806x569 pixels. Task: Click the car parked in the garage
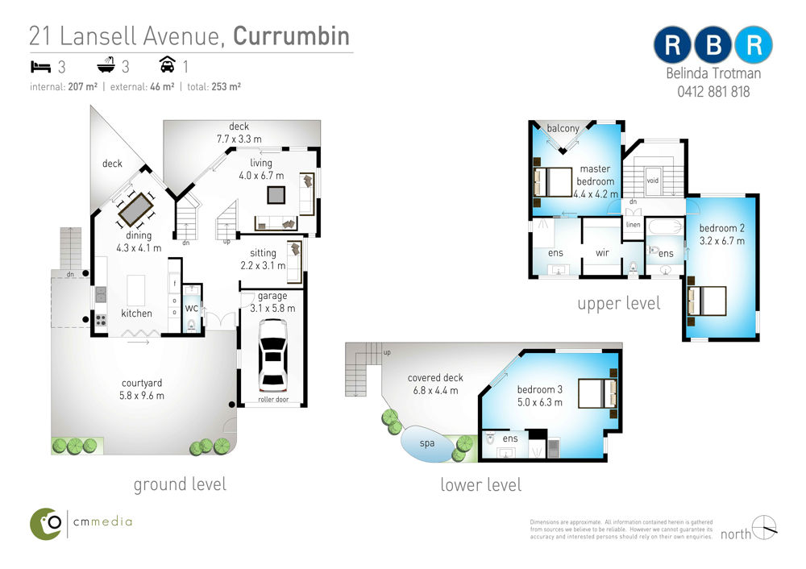click(x=273, y=355)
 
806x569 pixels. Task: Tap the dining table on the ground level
click(x=135, y=210)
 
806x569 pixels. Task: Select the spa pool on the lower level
click(x=426, y=444)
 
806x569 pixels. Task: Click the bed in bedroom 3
click(x=597, y=393)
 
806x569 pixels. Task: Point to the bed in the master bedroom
click(x=553, y=182)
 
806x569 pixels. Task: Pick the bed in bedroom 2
click(x=707, y=301)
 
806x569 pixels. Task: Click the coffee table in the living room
click(x=276, y=195)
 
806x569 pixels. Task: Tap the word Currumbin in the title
click(x=291, y=36)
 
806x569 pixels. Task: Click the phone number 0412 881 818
click(x=713, y=92)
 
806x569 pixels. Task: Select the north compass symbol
click(x=764, y=527)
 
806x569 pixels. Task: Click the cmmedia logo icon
click(x=46, y=524)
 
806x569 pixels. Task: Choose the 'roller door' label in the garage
click(x=273, y=400)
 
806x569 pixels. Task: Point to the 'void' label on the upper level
click(x=652, y=181)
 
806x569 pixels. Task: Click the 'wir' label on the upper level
click(x=602, y=253)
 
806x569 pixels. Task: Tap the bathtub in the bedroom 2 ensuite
click(x=665, y=226)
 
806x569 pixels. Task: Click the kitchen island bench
click(x=136, y=290)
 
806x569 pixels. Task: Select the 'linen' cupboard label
click(x=634, y=225)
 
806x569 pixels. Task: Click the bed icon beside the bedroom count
click(x=40, y=66)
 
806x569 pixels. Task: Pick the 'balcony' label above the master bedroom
click(x=563, y=128)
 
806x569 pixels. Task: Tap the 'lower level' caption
click(x=480, y=484)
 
